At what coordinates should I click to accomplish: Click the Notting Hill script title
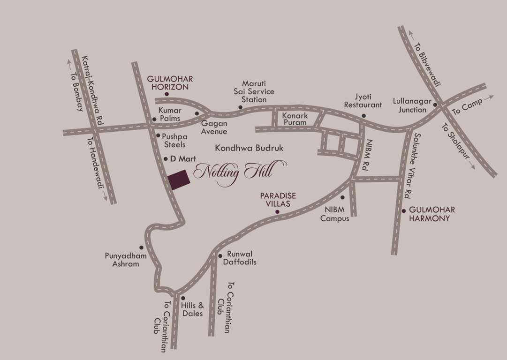(233, 172)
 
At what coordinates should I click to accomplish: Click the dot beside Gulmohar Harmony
(404, 210)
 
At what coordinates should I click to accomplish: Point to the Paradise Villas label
(276, 200)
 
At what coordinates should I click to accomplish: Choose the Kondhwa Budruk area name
(250, 148)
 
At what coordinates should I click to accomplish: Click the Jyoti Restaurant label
(363, 101)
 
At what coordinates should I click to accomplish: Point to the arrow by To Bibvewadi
(411, 34)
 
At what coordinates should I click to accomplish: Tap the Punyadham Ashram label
(126, 260)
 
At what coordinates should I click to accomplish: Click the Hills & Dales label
(192, 308)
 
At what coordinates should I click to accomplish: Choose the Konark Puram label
(295, 119)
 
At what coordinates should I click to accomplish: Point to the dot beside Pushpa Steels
(158, 135)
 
